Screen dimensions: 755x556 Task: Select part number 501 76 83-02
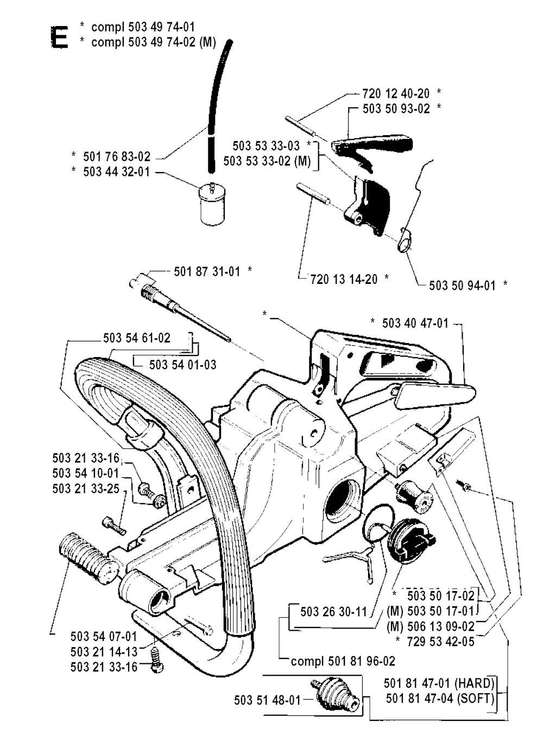point(116,157)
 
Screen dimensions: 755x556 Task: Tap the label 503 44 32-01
point(116,173)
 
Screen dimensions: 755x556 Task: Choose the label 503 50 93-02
point(396,109)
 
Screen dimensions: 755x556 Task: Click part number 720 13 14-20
point(344,279)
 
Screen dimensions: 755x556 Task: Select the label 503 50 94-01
point(462,285)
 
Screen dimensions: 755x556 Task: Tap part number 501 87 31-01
point(207,271)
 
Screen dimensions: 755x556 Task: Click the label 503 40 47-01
point(415,323)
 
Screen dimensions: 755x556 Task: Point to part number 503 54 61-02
point(137,338)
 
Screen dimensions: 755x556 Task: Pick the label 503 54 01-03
point(182,364)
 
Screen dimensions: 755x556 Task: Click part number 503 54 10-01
point(86,474)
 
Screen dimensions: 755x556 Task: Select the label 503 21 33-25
point(86,488)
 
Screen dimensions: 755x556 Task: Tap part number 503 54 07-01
point(104,636)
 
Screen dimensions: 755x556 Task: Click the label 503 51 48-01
point(267,700)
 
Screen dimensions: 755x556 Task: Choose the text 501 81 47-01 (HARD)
point(439,683)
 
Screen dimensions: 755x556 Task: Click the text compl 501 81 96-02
point(343,661)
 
